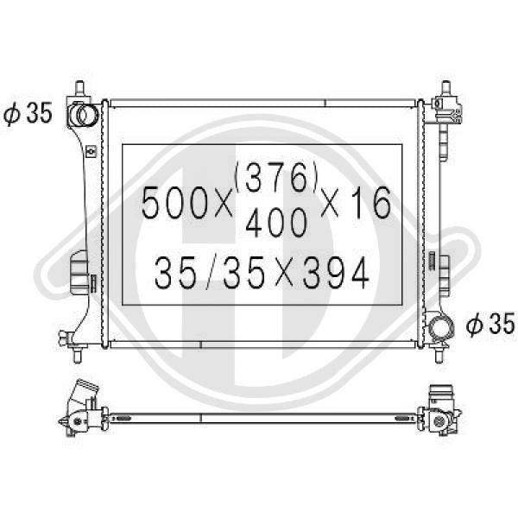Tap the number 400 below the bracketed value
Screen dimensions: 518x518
pos(276,223)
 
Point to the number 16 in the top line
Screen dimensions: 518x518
pos(371,202)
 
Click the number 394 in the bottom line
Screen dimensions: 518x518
pos(335,273)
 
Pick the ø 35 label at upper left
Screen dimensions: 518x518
pos(28,113)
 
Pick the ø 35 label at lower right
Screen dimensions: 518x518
pos(490,324)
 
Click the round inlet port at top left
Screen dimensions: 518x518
pos(85,115)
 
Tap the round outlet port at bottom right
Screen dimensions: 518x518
pos(441,327)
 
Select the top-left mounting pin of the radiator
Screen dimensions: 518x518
pos(79,89)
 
